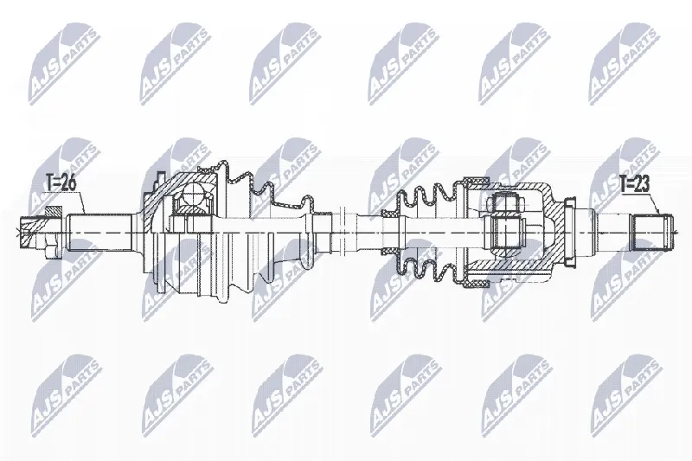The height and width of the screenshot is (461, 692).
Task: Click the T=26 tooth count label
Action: [61, 183]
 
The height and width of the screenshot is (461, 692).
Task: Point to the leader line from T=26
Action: [80, 203]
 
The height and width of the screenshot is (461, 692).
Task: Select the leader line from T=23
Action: [654, 204]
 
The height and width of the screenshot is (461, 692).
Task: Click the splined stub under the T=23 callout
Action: [653, 232]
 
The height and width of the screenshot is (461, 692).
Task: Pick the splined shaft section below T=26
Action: [99, 232]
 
